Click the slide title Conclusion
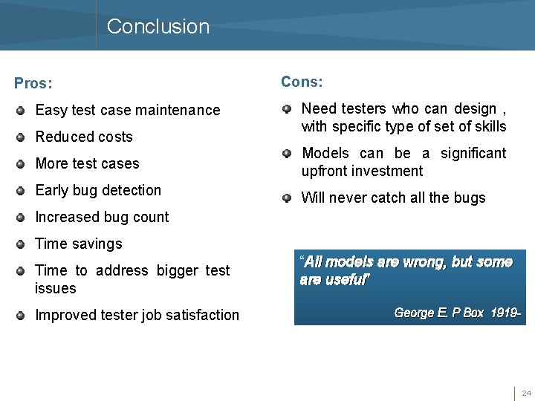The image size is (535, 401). (158, 27)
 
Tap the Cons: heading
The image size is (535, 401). (301, 82)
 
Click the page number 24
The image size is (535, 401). (526, 393)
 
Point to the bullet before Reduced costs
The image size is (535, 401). (22, 137)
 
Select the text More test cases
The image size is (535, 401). (87, 163)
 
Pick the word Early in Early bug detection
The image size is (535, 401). (52, 190)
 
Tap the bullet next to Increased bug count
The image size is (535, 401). (22, 218)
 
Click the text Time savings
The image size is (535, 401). (79, 244)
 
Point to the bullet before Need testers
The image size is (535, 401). (288, 110)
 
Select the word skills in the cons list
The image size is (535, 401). (490, 126)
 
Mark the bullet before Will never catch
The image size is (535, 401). (288, 198)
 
